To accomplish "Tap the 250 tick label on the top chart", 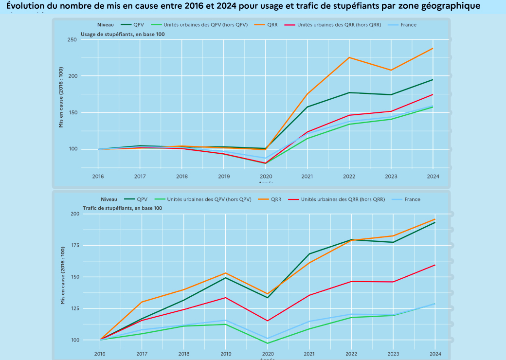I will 72,39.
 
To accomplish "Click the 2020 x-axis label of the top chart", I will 265,176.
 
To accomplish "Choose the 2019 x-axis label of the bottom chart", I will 226,354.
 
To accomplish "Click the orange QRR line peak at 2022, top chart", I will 349,57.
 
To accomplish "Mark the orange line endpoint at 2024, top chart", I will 433,49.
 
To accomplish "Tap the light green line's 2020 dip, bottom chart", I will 267,343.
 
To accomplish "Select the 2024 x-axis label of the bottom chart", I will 435,354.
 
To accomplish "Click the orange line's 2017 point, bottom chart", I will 142,302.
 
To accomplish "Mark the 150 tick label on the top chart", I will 72,113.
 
